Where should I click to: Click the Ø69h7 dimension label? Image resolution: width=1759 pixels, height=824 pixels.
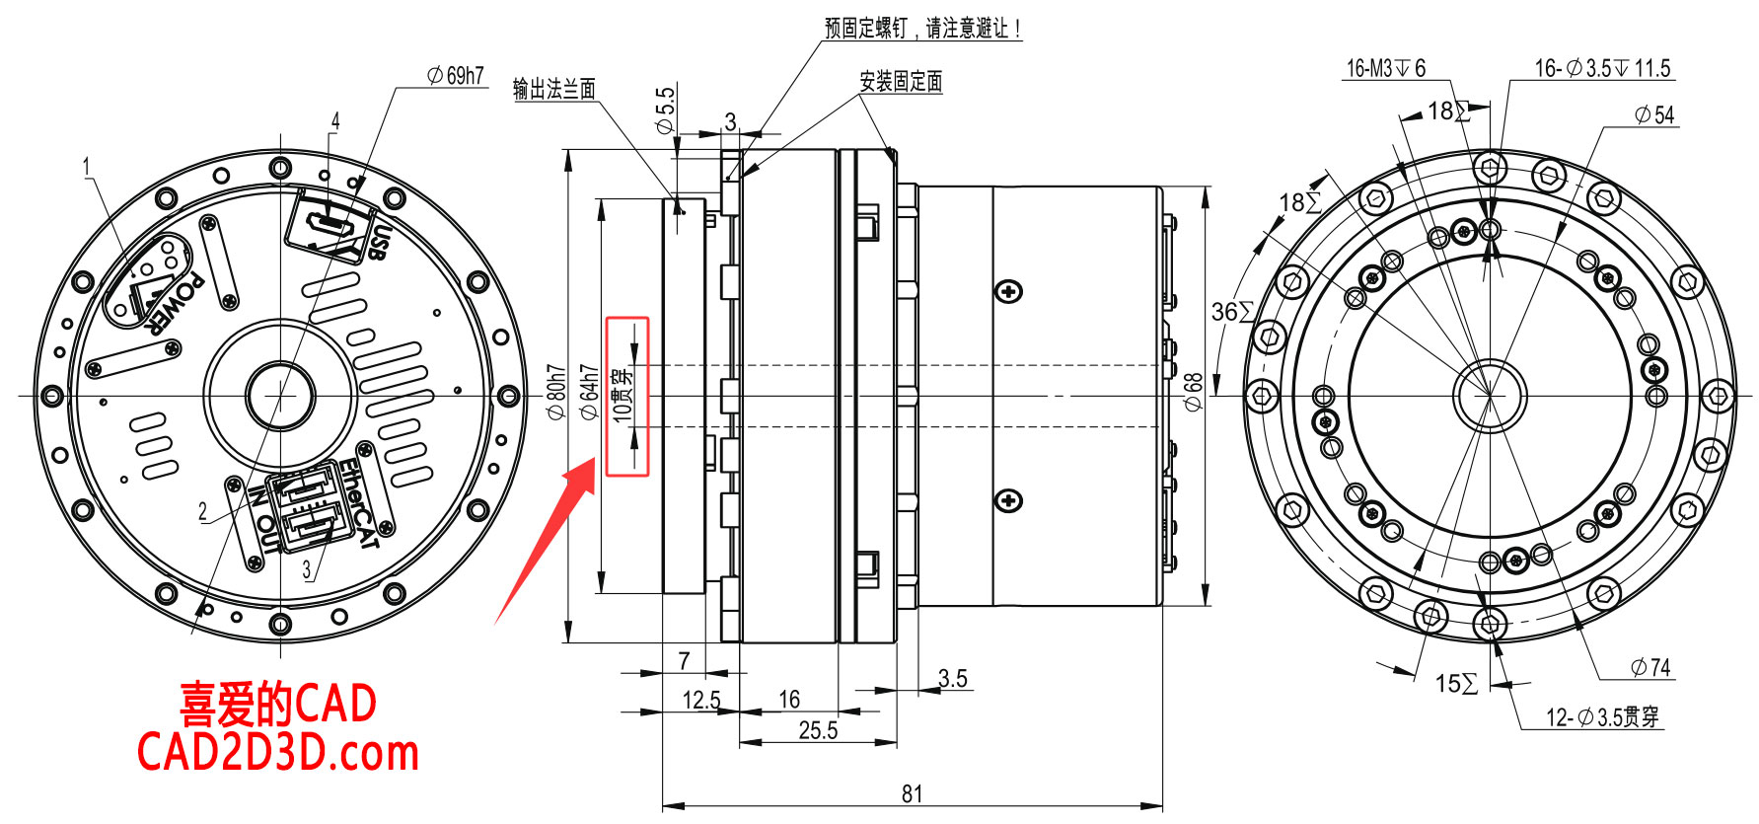click(x=456, y=76)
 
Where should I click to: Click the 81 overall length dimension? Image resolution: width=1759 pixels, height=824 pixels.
click(x=913, y=793)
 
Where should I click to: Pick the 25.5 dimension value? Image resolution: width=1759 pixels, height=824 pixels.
click(x=818, y=730)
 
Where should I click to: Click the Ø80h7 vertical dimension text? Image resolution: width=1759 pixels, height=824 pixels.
click(x=556, y=393)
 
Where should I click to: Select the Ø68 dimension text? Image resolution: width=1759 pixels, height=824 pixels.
click(x=1193, y=393)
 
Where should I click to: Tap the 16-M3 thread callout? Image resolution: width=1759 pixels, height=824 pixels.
click(x=1386, y=68)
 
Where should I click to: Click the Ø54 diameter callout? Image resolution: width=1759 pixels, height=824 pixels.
click(x=1654, y=114)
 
